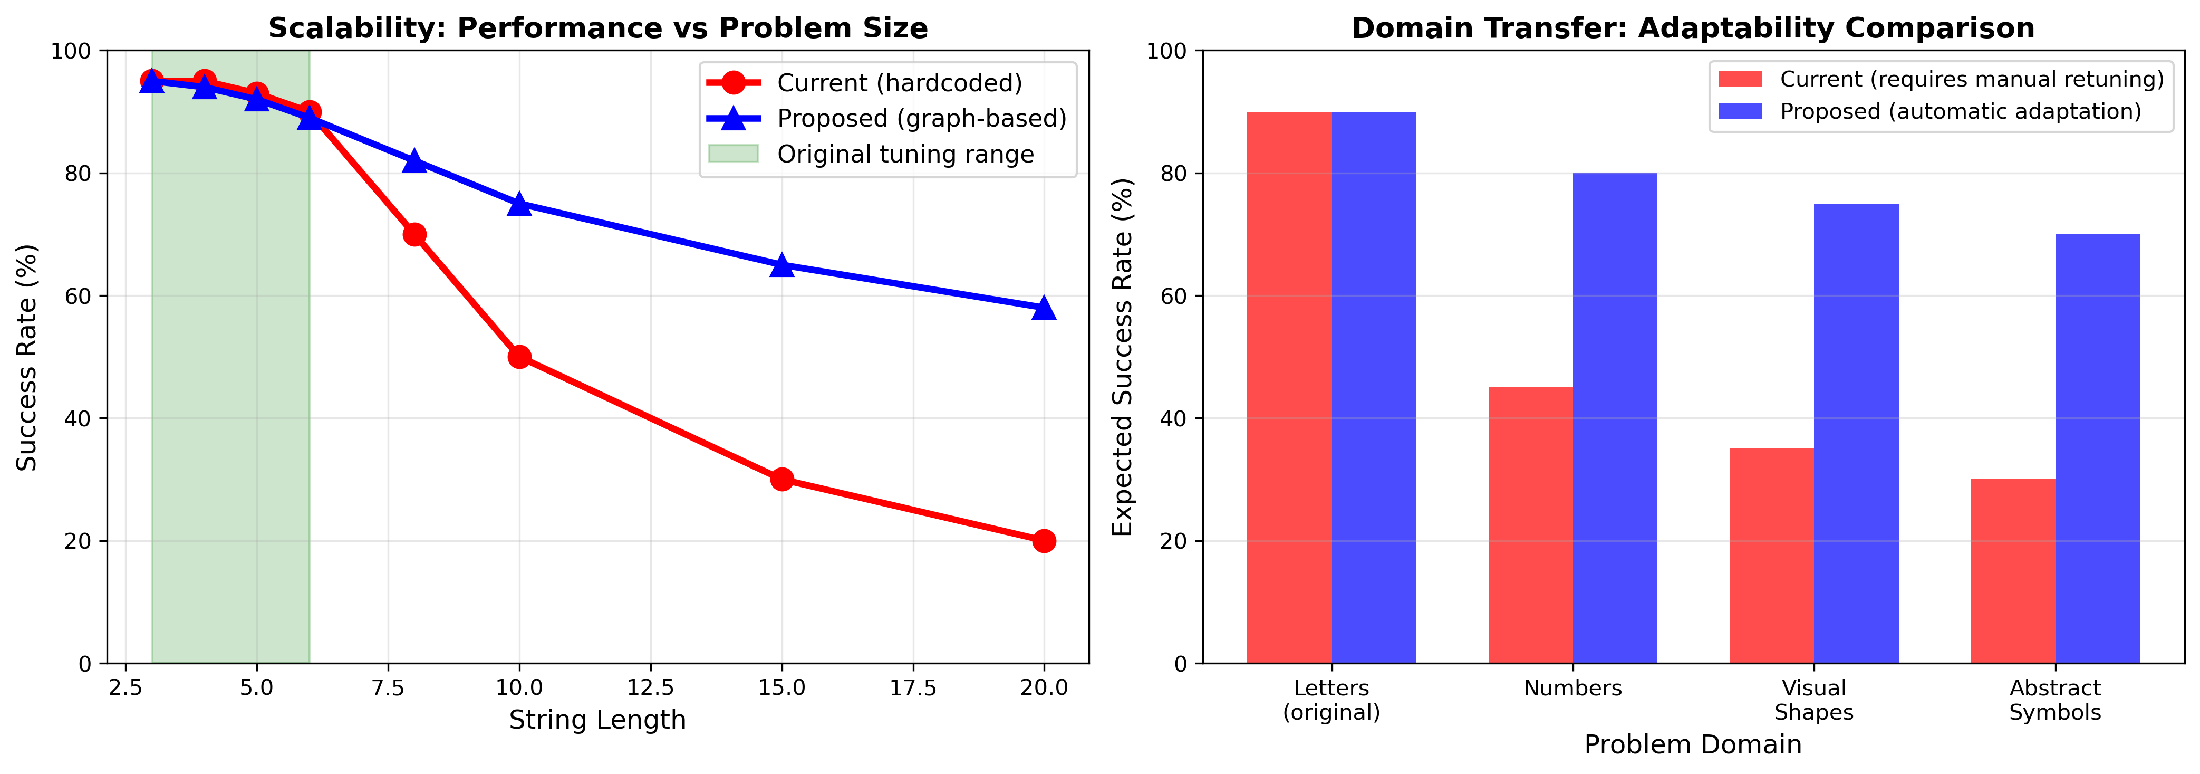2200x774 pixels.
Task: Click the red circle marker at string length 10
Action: coord(519,357)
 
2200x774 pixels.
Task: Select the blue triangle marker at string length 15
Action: coord(781,266)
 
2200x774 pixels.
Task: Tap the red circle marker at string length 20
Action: coord(1044,541)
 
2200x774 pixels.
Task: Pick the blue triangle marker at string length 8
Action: coord(414,161)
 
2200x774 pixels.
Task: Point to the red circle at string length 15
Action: coord(781,479)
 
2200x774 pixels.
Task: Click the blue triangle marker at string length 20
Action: coord(1044,309)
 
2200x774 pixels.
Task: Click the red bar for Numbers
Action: coord(1530,525)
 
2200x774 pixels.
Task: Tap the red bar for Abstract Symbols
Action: coord(2012,571)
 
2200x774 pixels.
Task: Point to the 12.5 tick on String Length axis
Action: coord(651,687)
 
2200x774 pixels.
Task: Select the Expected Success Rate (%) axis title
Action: coord(1122,357)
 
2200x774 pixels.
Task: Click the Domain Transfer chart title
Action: coord(1693,28)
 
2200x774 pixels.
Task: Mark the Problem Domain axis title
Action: coord(1693,745)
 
